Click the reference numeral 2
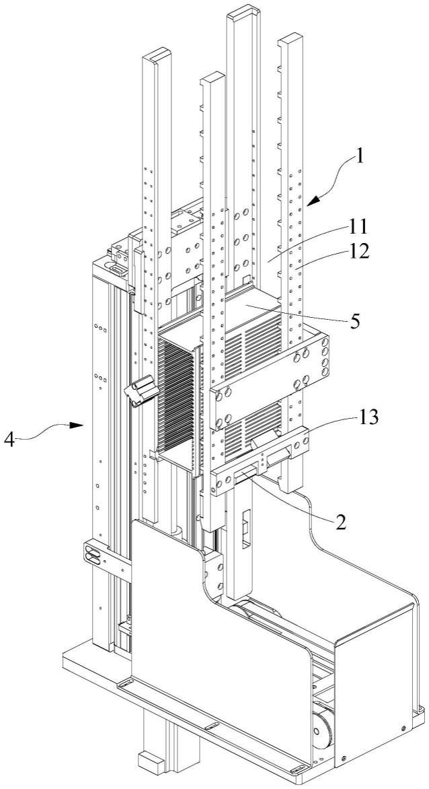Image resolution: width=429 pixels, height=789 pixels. (x=342, y=522)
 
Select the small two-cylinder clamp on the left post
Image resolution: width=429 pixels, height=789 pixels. (x=141, y=392)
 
